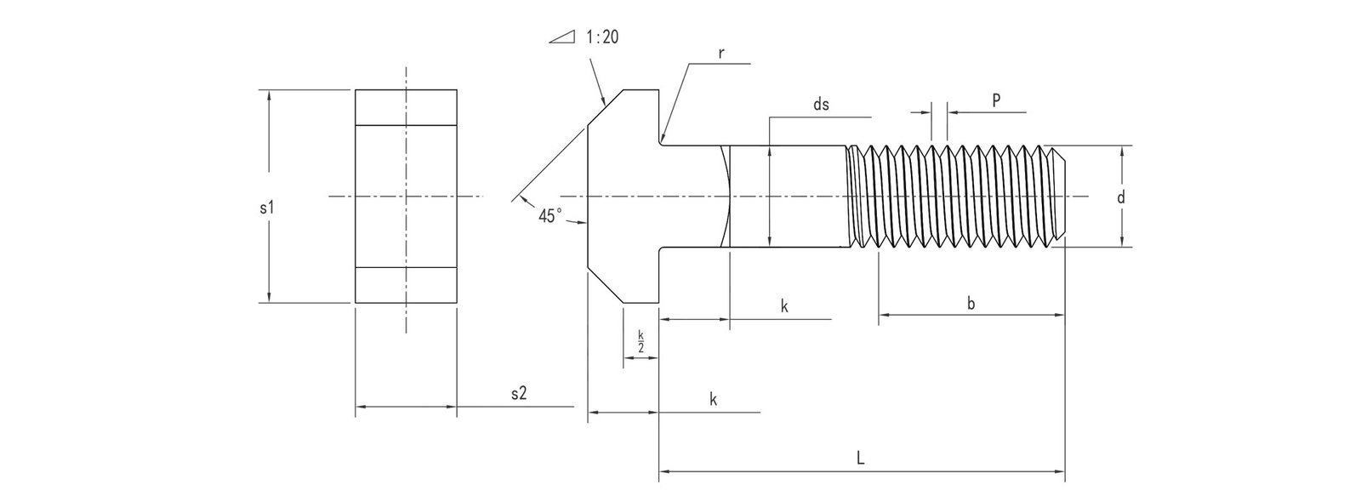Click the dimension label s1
pyautogui.click(x=265, y=208)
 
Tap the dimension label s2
pyautogui.click(x=518, y=393)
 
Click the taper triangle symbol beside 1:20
pyautogui.click(x=562, y=38)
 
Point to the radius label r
pyautogui.click(x=720, y=53)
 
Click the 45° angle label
pyautogui.click(x=550, y=216)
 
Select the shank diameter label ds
pyautogui.click(x=821, y=105)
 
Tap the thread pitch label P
pyautogui.click(x=996, y=100)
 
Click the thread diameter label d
pyautogui.click(x=1120, y=197)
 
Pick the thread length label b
pyautogui.click(x=971, y=304)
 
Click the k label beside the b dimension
pyautogui.click(x=784, y=307)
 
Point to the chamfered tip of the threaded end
pyautogui.click(x=1060, y=197)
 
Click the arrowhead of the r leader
pyautogui.click(x=663, y=137)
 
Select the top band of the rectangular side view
pyautogui.click(x=406, y=108)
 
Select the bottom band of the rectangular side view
pyautogui.click(x=406, y=285)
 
